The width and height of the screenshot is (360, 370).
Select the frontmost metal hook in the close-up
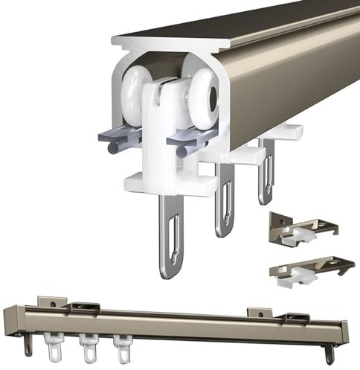pos(172,237)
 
